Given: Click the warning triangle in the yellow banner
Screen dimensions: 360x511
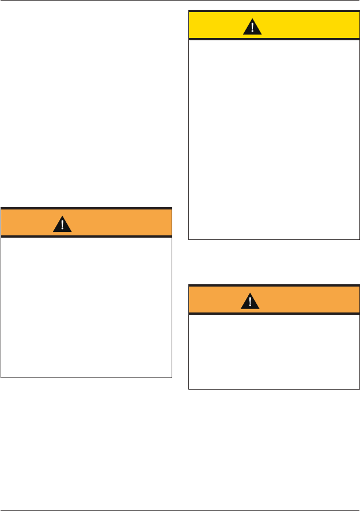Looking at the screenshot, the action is click(251, 26).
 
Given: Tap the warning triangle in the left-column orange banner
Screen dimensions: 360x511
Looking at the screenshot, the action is click(62, 224).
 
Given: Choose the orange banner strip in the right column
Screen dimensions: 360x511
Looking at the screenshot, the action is click(311, 300).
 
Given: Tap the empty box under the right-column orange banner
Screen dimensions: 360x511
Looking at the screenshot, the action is click(274, 352).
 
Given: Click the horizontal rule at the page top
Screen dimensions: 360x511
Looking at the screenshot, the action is click(180, 1).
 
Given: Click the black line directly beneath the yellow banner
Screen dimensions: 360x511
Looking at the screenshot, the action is click(274, 39).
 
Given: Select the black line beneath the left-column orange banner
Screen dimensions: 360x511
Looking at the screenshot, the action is click(86, 236).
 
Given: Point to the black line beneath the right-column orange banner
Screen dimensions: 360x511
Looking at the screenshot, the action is click(274, 313).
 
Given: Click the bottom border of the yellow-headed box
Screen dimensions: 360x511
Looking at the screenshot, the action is click(274, 239).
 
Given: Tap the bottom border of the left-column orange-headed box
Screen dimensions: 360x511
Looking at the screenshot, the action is click(86, 377).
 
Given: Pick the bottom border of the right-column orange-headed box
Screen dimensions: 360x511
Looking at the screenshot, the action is click(274, 390).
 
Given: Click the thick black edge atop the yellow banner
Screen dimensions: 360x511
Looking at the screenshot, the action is click(274, 11).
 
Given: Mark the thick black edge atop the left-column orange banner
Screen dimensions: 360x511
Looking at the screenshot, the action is click(86, 208).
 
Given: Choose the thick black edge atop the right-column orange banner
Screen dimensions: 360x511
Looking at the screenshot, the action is click(274, 285).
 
